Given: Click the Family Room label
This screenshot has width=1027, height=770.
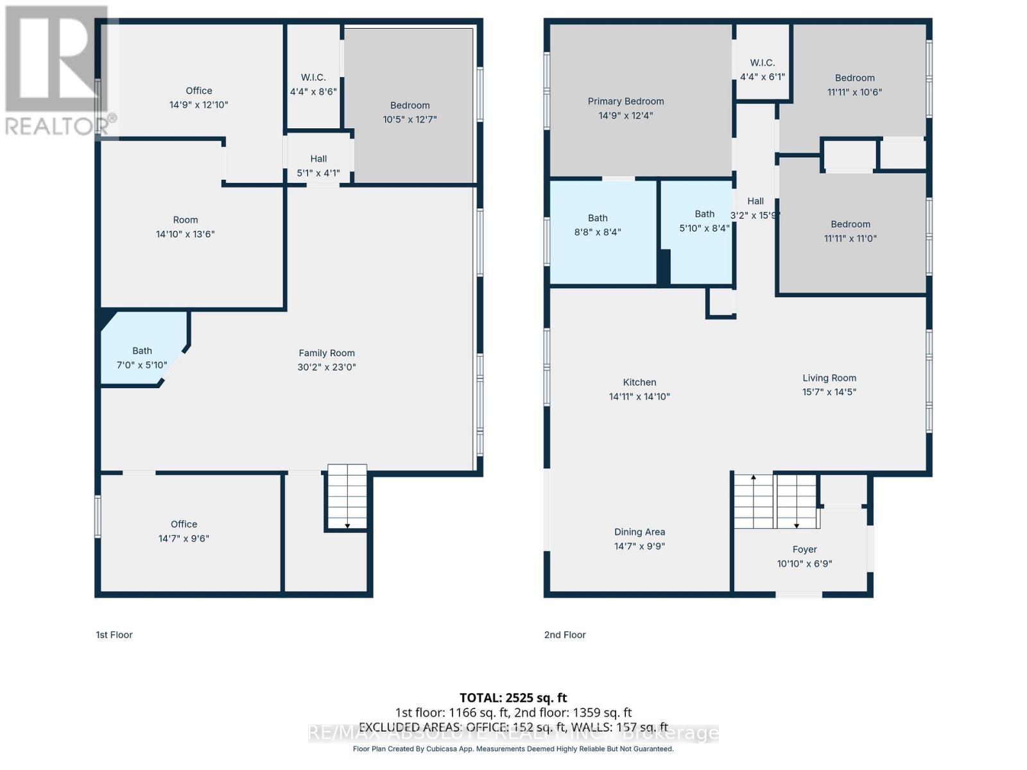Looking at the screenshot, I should (327, 353).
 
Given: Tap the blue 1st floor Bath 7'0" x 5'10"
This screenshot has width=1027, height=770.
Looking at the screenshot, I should (142, 357).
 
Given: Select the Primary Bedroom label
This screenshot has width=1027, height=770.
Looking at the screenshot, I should (626, 101).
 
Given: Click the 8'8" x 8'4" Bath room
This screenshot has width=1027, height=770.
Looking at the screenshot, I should (598, 225).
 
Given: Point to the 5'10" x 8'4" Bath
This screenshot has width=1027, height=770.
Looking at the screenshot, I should (703, 221).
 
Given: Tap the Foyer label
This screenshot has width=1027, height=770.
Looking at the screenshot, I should (804, 549).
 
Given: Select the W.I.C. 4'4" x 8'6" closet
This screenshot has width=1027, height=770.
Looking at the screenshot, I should (313, 84).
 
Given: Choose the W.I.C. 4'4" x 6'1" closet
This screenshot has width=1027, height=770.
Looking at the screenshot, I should (762, 69).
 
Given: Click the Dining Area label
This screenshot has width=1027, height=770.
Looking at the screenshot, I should (639, 532).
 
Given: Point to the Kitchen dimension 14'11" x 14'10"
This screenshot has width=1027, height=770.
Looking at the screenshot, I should (639, 397).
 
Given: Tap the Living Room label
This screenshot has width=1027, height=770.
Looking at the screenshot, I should (829, 378).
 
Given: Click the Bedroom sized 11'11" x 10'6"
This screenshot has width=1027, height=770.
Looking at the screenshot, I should (854, 85).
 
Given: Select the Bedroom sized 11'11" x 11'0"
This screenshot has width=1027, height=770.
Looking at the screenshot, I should (850, 231).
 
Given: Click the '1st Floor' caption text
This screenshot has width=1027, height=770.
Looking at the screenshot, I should (114, 635).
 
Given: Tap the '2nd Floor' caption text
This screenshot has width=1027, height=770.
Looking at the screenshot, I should (565, 635).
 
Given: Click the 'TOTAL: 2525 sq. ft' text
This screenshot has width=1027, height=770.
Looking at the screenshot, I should (513, 697).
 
